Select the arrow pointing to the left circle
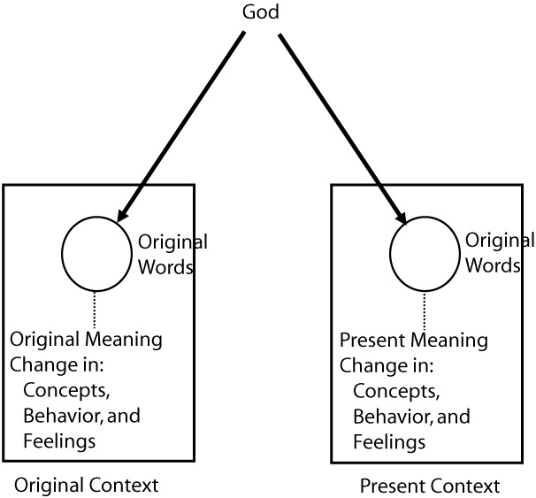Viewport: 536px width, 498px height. pos(186,124)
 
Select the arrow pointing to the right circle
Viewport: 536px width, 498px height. pos(341,124)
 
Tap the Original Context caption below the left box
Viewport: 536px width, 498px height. pos(86,485)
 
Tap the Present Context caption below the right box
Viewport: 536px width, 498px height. pos(430,486)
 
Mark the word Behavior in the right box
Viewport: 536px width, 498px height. pos(389,415)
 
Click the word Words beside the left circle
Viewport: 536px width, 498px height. pos(165,266)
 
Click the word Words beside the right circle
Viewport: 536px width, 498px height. pos(494,266)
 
